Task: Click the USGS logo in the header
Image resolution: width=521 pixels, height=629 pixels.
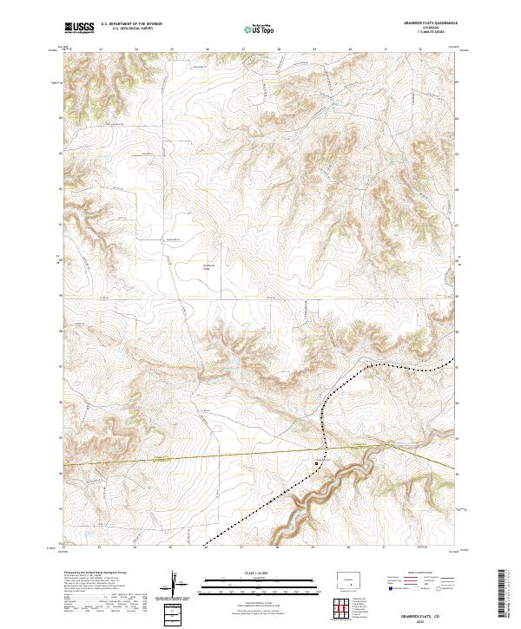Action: (x=79, y=29)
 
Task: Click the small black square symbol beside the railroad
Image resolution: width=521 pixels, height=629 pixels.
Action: (x=317, y=464)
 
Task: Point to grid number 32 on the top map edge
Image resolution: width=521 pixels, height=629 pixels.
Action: (x=420, y=50)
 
